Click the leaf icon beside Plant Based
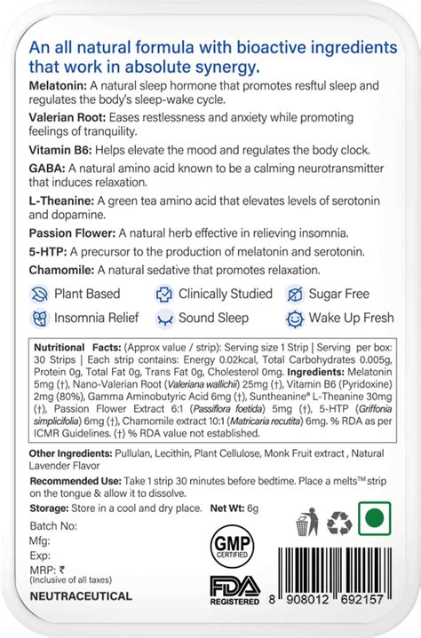pyautogui.click(x=39, y=293)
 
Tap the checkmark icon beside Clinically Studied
pyautogui.click(x=163, y=294)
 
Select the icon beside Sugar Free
pyautogui.click(x=294, y=294)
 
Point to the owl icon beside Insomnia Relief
pyautogui.click(x=39, y=318)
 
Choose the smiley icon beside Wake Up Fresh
pyautogui.click(x=294, y=318)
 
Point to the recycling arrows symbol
pyautogui.click(x=338, y=523)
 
